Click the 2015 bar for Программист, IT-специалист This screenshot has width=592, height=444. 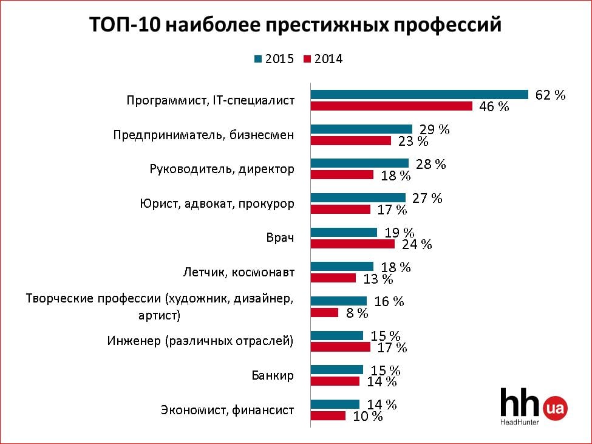(x=420, y=94)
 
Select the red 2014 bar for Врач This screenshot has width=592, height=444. (x=353, y=244)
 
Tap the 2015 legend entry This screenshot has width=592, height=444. (x=274, y=59)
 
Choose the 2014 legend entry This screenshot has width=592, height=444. (x=323, y=59)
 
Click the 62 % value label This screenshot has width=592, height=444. (x=550, y=95)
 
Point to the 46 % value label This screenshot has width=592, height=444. (x=494, y=107)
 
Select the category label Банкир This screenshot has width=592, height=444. (x=273, y=375)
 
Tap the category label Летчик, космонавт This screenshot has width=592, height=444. (x=239, y=272)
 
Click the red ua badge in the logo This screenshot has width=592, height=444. (x=556, y=408)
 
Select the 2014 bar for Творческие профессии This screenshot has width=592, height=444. (x=325, y=313)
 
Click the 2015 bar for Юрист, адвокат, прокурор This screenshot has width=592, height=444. (x=358, y=197)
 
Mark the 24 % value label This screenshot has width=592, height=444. (x=417, y=245)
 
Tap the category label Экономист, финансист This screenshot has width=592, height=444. (x=227, y=410)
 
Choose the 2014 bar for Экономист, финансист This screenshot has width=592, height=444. (x=328, y=416)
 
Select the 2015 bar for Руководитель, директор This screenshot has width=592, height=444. (x=360, y=163)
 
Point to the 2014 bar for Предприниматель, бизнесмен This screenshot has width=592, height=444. (x=351, y=141)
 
